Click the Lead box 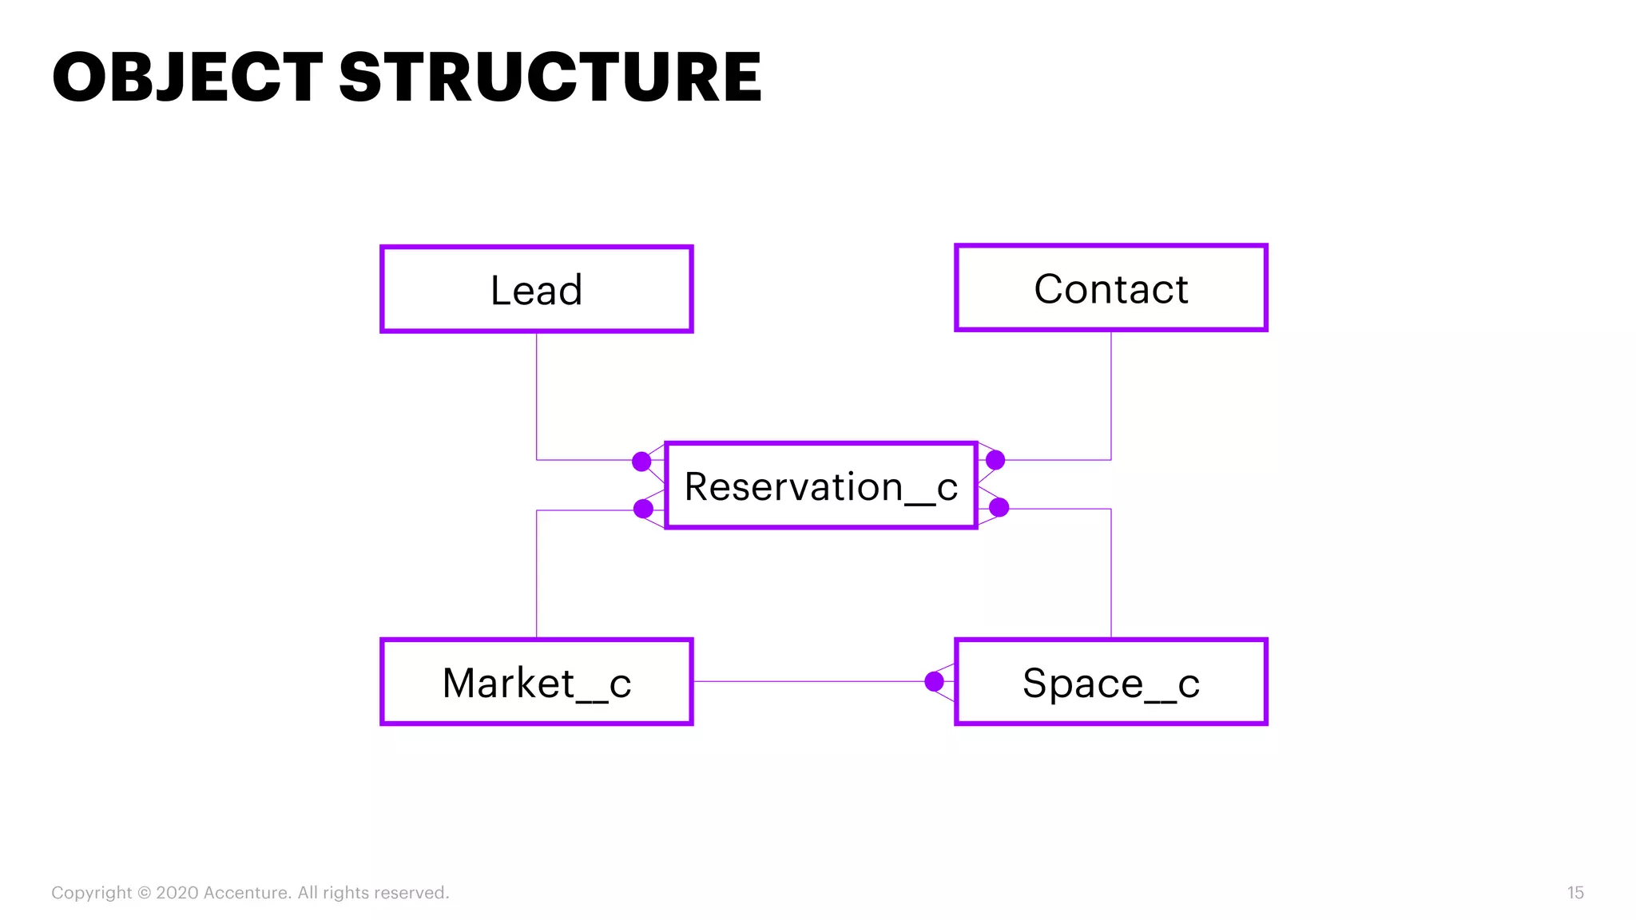[x=536, y=289]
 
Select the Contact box [x=1110, y=287]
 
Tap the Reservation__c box [x=820, y=486]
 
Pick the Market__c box [x=536, y=682]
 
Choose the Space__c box [x=1110, y=682]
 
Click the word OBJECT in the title [x=187, y=77]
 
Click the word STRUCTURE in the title [x=550, y=77]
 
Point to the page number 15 [x=1574, y=893]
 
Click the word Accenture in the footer [x=247, y=893]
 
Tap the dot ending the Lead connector [x=641, y=462]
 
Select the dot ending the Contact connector [x=995, y=460]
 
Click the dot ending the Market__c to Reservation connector [x=643, y=509]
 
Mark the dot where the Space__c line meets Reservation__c [x=999, y=507]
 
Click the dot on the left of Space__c [x=934, y=681]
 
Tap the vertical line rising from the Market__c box [x=537, y=575]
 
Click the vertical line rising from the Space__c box [x=1110, y=575]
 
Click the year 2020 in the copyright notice [x=177, y=893]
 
